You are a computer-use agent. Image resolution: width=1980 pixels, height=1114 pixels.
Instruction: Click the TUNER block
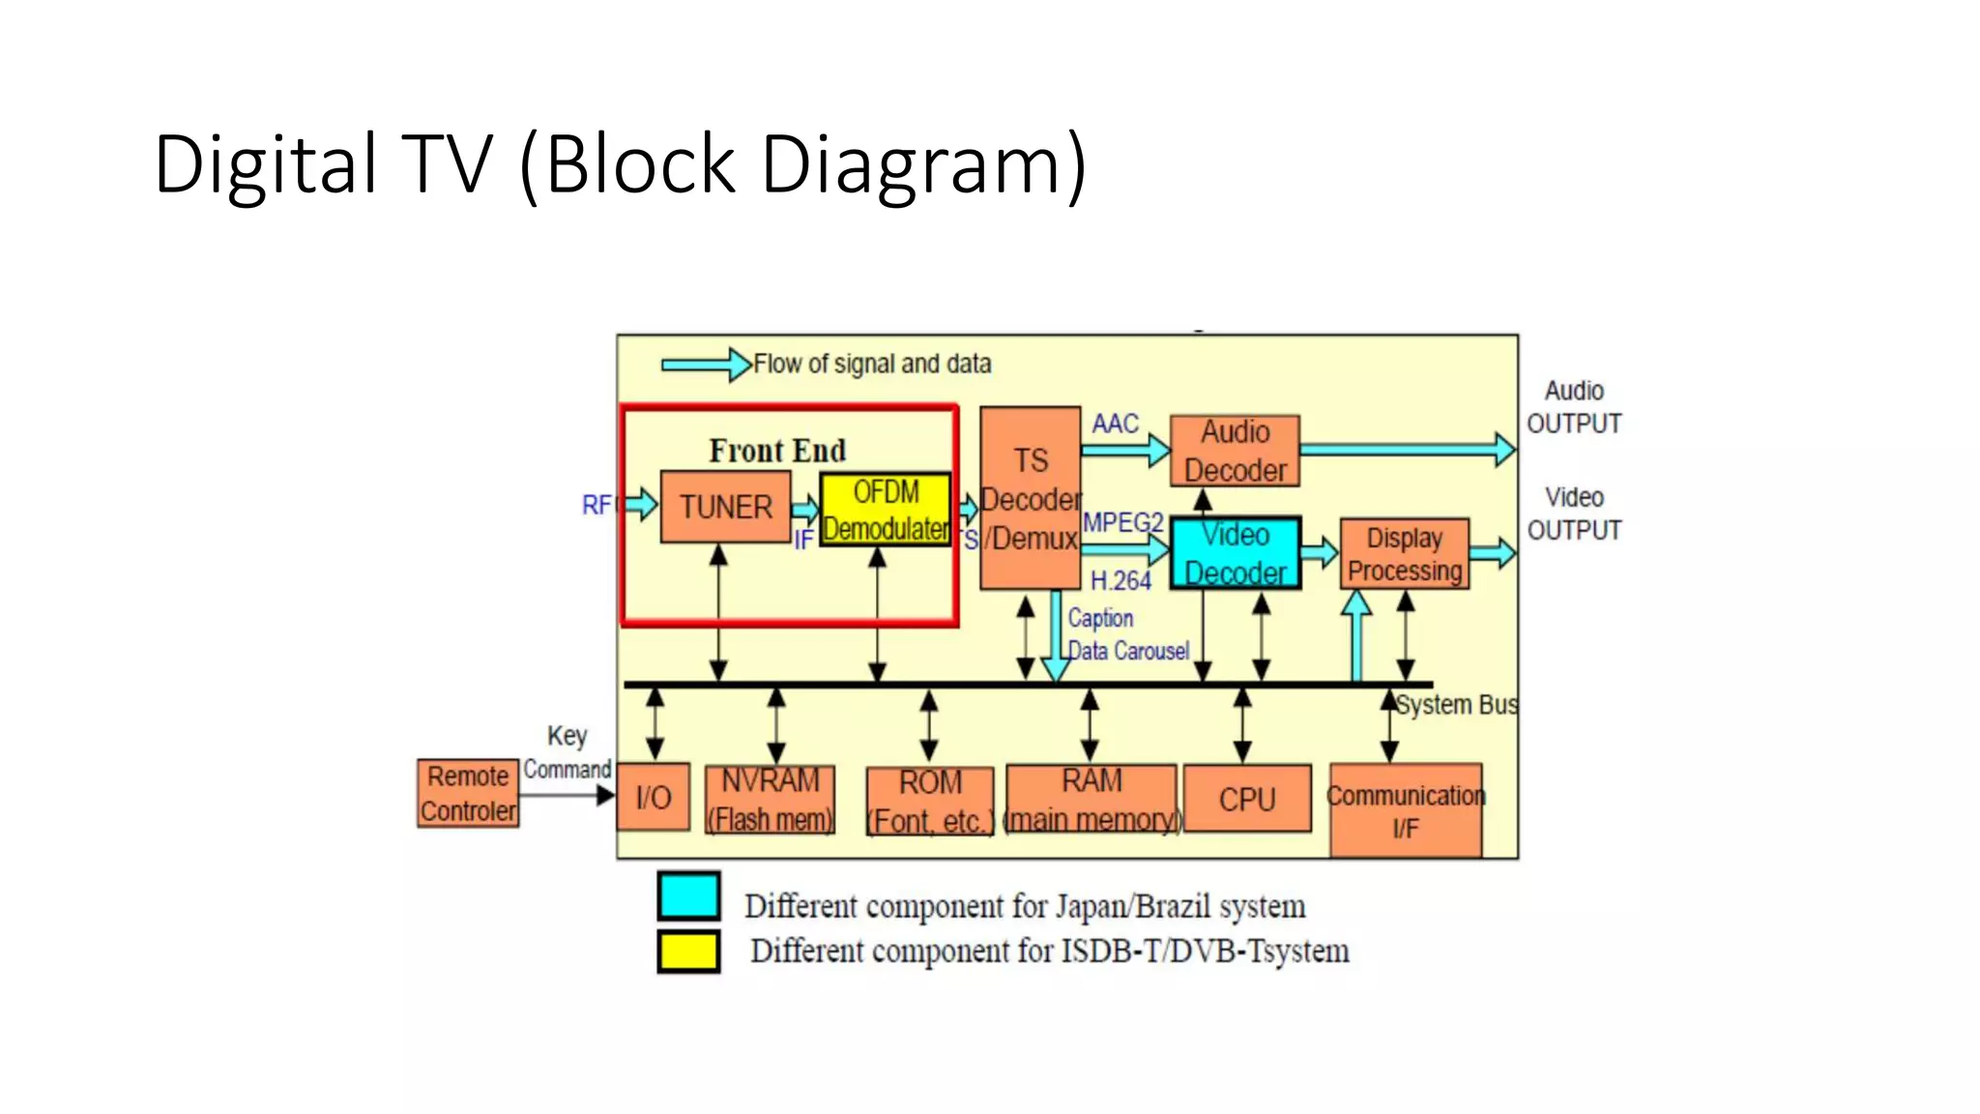[725, 507]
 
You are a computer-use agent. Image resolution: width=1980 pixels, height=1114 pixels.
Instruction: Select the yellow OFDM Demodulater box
[886, 511]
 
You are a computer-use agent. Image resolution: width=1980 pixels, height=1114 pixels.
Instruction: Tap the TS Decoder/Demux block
[1030, 498]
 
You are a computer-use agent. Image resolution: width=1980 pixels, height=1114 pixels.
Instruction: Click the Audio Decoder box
[1235, 451]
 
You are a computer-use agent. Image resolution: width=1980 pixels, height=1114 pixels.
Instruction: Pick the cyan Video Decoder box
[1236, 553]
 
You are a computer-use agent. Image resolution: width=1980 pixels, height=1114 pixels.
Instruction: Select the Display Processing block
[1404, 554]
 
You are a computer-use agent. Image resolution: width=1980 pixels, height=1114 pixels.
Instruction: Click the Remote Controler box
[468, 793]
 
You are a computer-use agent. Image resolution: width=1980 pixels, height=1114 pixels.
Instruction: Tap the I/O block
[654, 797]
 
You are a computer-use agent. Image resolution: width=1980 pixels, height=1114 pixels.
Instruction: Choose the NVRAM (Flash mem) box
[770, 800]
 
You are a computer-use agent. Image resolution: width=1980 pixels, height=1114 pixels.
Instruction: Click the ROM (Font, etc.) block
[930, 801]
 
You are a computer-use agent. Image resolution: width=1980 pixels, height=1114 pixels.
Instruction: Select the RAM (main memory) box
[1092, 799]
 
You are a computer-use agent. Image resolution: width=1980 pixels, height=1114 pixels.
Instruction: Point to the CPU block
[1247, 799]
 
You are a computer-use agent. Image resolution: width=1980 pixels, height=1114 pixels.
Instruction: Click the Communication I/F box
[1405, 810]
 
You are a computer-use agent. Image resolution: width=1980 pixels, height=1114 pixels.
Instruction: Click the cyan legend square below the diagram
[688, 895]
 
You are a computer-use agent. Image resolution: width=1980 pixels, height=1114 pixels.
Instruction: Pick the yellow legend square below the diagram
[688, 952]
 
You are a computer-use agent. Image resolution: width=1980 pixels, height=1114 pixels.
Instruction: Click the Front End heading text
[777, 451]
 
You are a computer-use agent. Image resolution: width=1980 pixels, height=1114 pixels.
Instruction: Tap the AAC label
[1115, 424]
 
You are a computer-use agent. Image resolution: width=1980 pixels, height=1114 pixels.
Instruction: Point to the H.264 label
[1121, 581]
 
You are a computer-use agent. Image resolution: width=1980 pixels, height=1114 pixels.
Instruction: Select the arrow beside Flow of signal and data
[706, 365]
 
